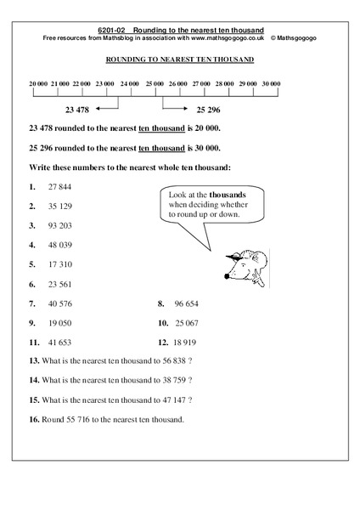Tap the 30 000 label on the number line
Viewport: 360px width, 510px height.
click(x=271, y=84)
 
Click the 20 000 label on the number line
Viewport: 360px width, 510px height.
click(x=37, y=84)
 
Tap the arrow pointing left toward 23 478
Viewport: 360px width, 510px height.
click(x=105, y=107)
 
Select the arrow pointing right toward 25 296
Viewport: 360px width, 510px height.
click(x=173, y=107)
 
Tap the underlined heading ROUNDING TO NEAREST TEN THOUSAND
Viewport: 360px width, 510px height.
click(x=179, y=59)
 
